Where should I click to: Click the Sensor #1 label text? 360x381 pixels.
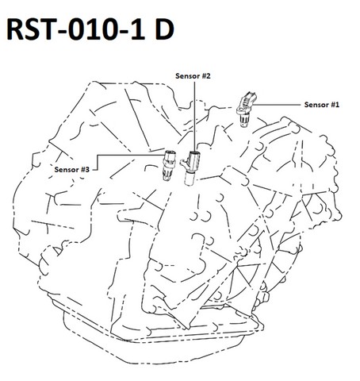(321, 105)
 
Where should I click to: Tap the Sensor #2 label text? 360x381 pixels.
(193, 76)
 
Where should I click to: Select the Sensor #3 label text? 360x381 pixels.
(72, 170)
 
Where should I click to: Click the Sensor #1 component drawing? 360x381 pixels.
(246, 109)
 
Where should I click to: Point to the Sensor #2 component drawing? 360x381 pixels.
(190, 167)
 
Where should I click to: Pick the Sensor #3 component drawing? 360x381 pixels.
(168, 165)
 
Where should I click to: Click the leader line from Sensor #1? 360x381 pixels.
(277, 105)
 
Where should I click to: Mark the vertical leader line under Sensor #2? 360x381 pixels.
(195, 116)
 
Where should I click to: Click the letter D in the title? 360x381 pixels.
(164, 29)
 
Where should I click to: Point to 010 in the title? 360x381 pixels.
(96, 29)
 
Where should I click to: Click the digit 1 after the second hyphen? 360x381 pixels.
(138, 29)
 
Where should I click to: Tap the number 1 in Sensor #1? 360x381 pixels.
(336, 105)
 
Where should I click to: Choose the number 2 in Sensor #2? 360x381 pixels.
(208, 76)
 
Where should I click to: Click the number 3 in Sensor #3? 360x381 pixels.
(87, 170)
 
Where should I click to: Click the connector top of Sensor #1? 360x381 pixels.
(248, 98)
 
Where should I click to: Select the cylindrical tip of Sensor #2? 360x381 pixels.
(189, 179)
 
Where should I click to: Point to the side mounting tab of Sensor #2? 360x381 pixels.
(184, 163)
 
